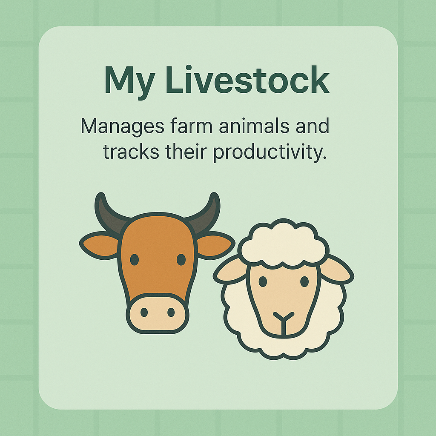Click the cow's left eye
coord(135,259)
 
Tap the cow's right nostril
coord(171,313)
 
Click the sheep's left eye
coord(263,281)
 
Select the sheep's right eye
coord(304,281)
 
